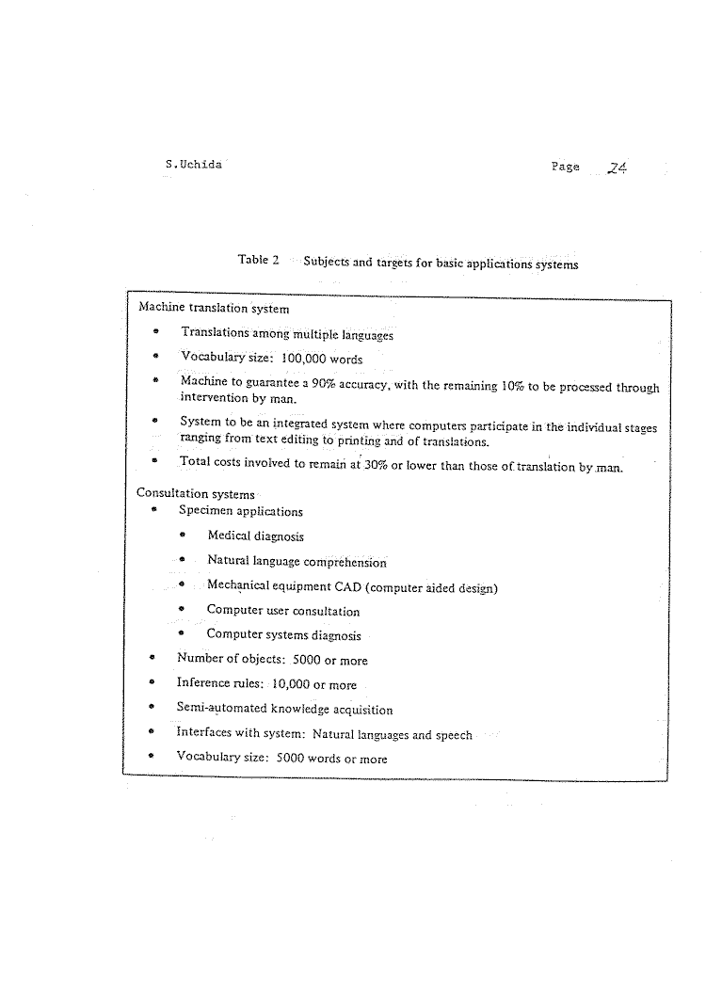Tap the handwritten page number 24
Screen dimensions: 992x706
point(618,168)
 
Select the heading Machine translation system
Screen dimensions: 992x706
point(214,307)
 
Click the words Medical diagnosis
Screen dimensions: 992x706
point(255,536)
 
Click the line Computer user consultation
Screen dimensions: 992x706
point(283,611)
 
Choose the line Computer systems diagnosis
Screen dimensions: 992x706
point(284,634)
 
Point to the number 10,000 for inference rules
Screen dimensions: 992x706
point(271,684)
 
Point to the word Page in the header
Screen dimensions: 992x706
point(566,167)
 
